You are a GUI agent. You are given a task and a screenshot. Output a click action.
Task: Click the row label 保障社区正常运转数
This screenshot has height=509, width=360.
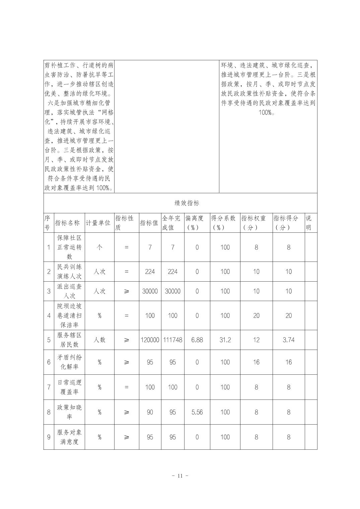(x=69, y=247)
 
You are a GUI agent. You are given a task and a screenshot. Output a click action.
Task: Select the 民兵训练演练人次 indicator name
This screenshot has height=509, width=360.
(x=69, y=272)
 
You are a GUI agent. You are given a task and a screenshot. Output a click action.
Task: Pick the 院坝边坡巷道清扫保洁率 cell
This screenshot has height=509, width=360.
(x=69, y=315)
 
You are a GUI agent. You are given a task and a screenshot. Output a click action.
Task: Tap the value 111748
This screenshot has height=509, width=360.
(x=172, y=340)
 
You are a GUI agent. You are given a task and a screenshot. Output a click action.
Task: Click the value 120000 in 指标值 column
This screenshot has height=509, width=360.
(x=150, y=340)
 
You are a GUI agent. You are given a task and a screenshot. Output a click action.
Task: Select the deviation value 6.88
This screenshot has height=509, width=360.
(x=197, y=340)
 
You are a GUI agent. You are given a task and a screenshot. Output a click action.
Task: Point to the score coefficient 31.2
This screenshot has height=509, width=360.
(x=225, y=340)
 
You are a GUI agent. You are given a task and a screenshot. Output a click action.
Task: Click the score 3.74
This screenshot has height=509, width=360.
(x=288, y=340)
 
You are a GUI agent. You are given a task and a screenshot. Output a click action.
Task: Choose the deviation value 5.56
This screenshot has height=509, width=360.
(x=197, y=412)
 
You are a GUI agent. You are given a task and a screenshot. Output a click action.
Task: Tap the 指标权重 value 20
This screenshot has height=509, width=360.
(x=256, y=315)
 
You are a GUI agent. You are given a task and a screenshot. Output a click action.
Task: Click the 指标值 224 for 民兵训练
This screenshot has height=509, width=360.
(x=150, y=272)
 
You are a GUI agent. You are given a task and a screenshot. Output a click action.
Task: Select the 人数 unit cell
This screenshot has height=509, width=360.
(x=99, y=340)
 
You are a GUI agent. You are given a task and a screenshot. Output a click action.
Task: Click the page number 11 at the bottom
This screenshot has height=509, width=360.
(x=180, y=476)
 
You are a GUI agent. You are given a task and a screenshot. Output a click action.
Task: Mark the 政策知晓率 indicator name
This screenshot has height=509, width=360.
(x=69, y=412)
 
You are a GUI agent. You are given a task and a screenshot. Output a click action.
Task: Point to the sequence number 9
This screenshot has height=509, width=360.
(x=49, y=437)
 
